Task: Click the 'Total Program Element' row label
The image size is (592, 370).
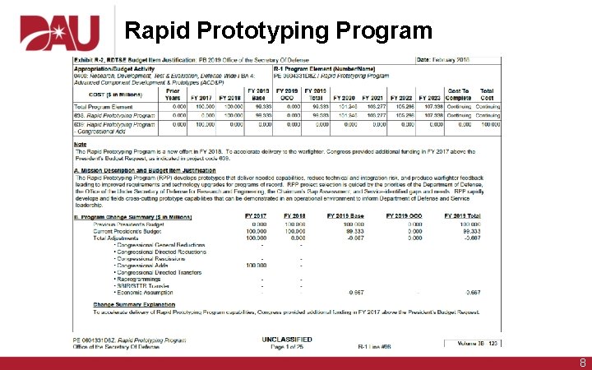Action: (x=105, y=107)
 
